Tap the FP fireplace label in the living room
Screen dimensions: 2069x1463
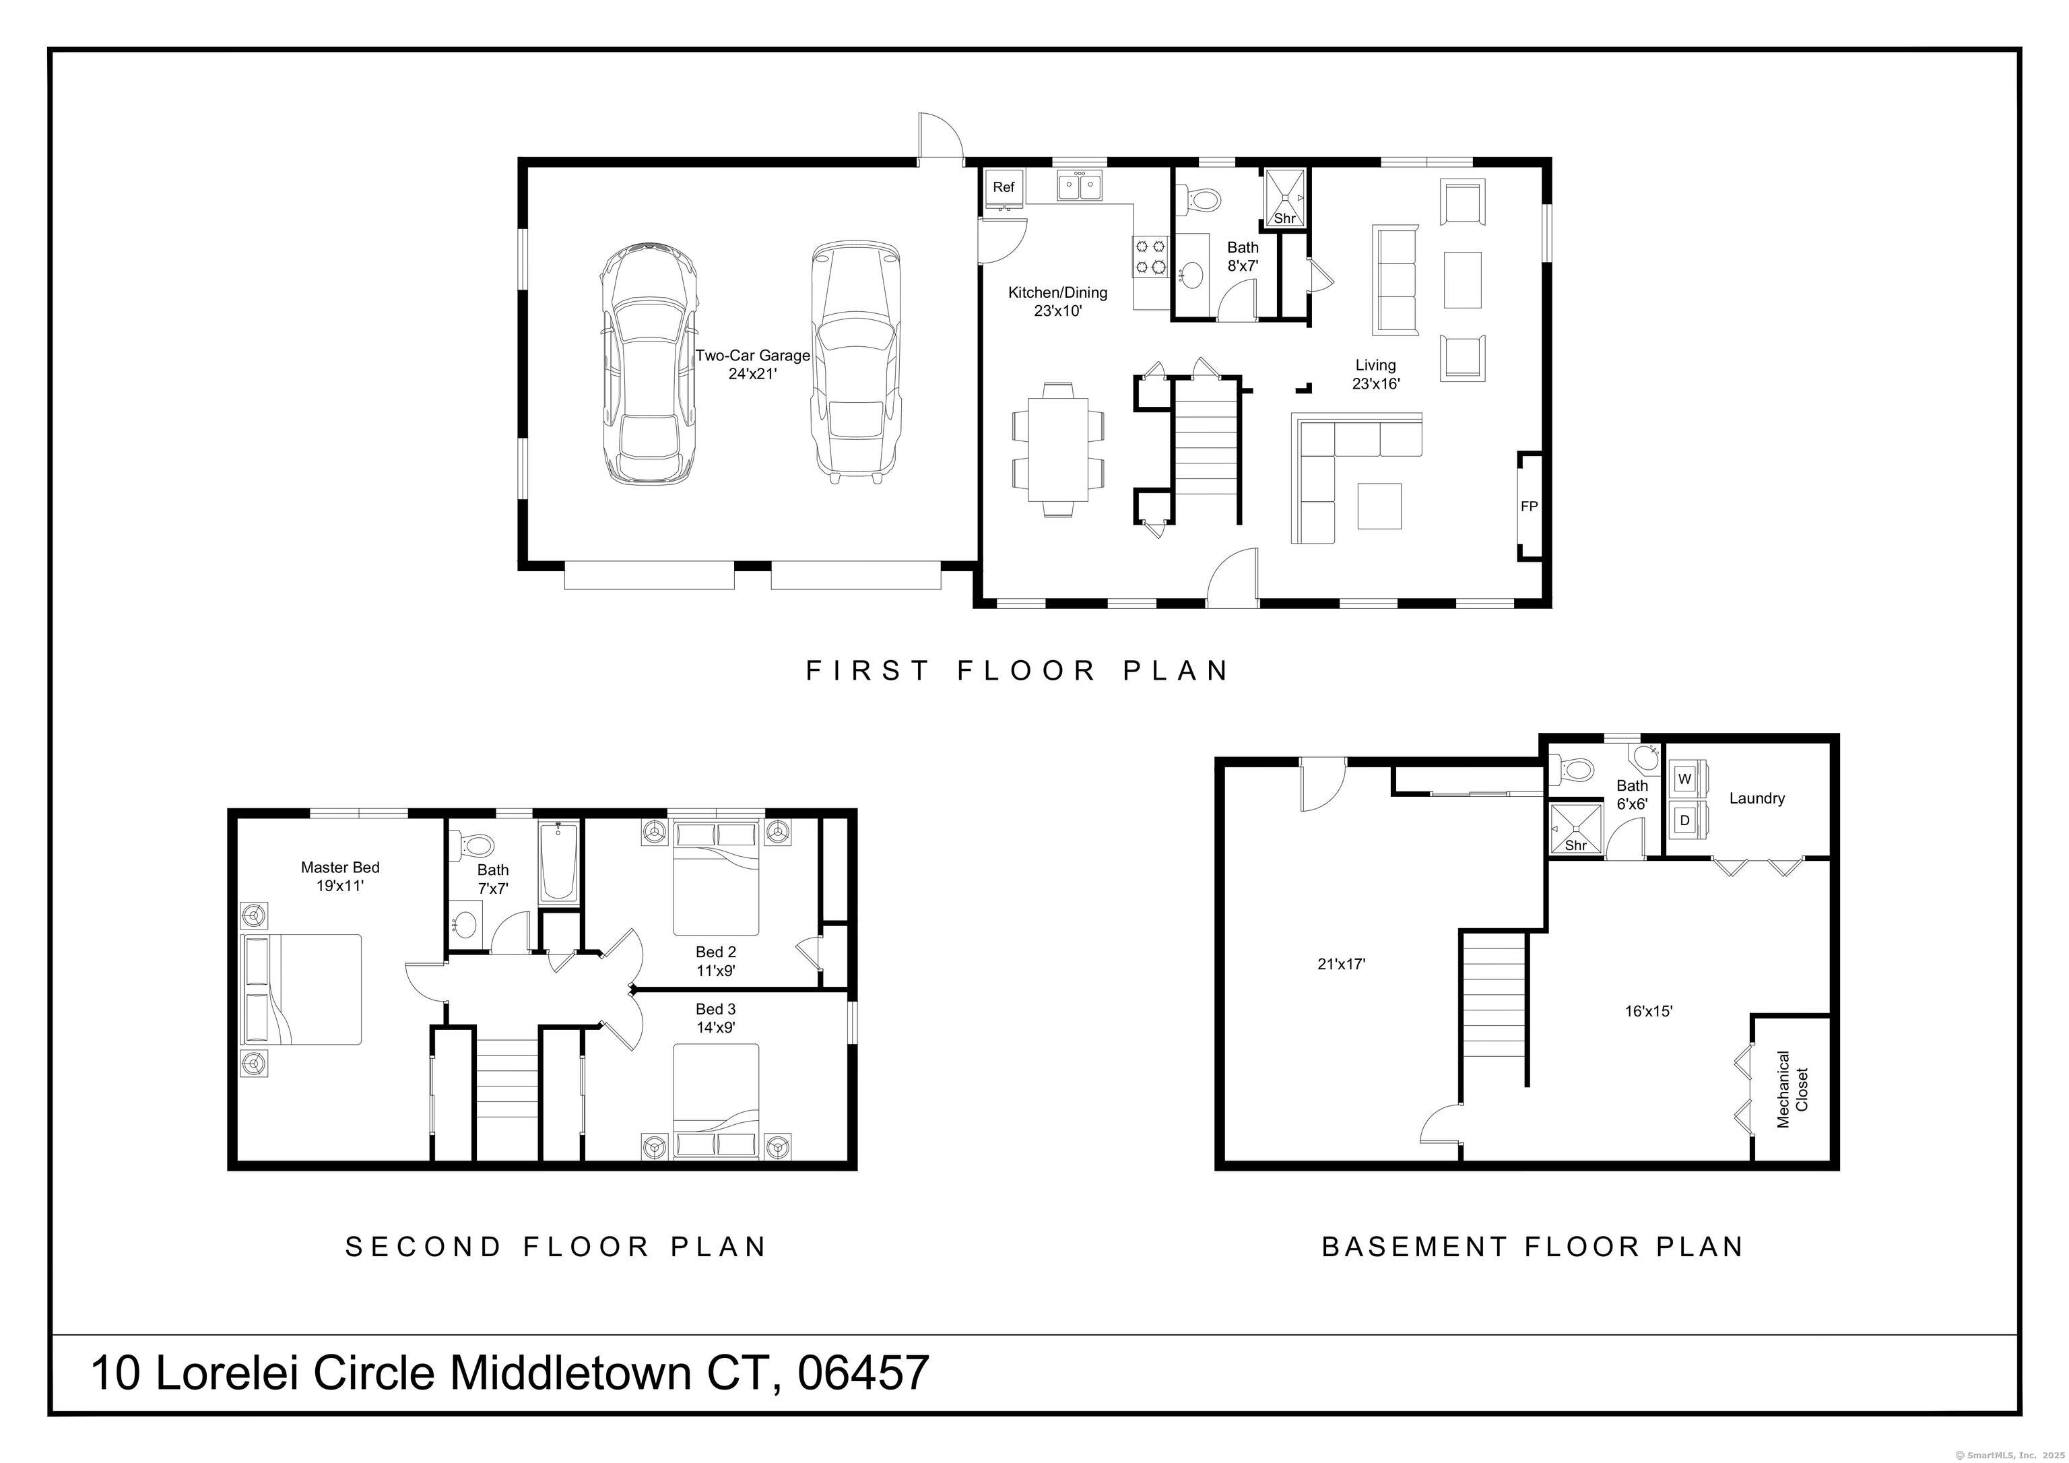(x=1530, y=507)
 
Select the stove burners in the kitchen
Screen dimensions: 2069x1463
(x=1151, y=255)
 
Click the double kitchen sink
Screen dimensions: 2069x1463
(x=1080, y=187)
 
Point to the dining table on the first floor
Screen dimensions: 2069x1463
(x=1058, y=450)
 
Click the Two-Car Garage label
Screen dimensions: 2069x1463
(x=752, y=364)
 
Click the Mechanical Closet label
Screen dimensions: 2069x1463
(x=1792, y=1089)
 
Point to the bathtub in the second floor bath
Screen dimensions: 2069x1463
(x=560, y=861)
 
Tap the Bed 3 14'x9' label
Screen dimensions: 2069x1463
(x=715, y=1018)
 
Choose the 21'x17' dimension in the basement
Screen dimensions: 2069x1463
(x=1341, y=964)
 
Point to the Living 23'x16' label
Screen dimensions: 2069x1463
(x=1375, y=374)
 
